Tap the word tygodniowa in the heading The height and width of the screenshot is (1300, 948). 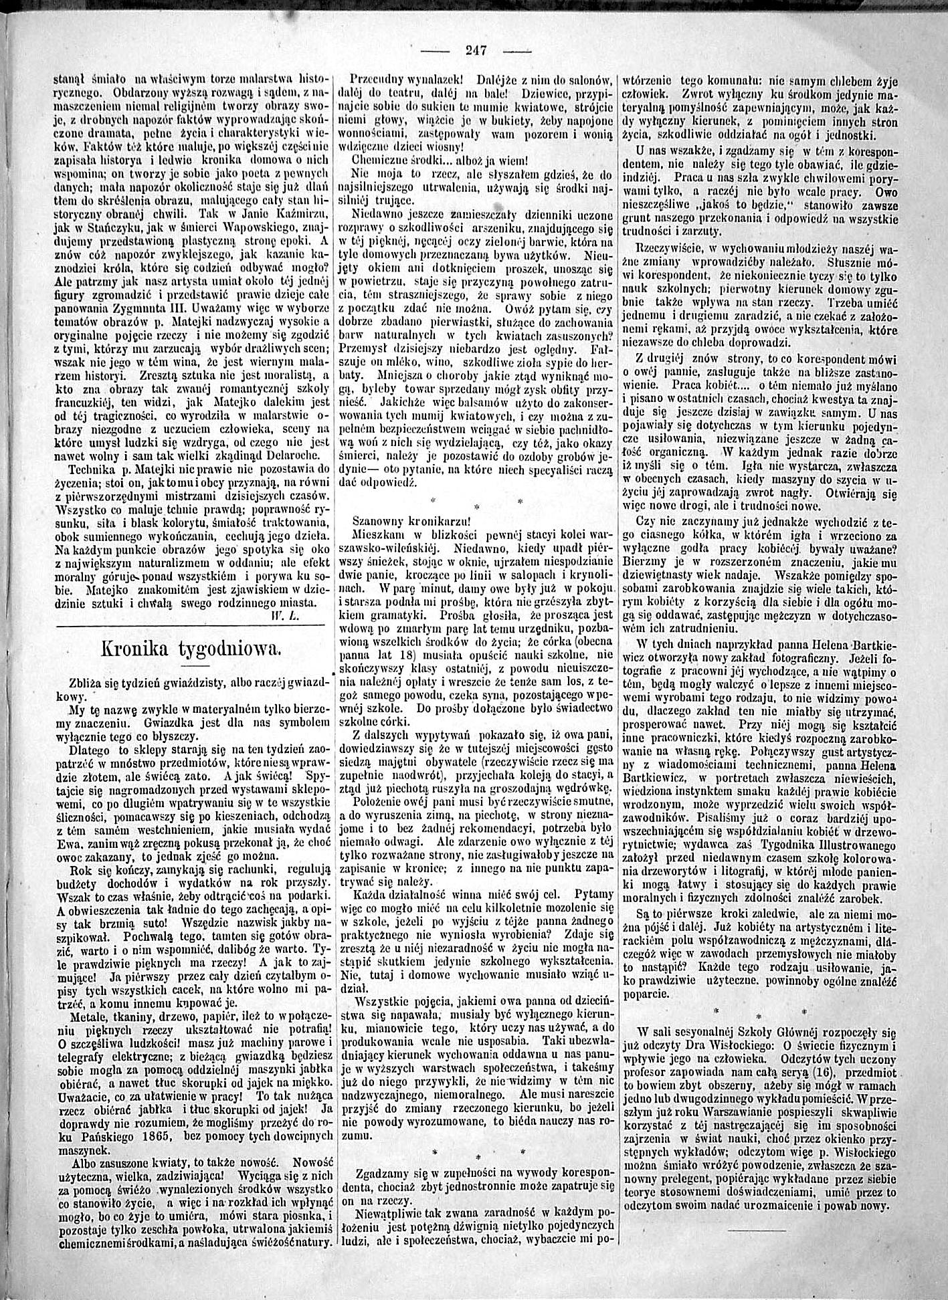(228, 650)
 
